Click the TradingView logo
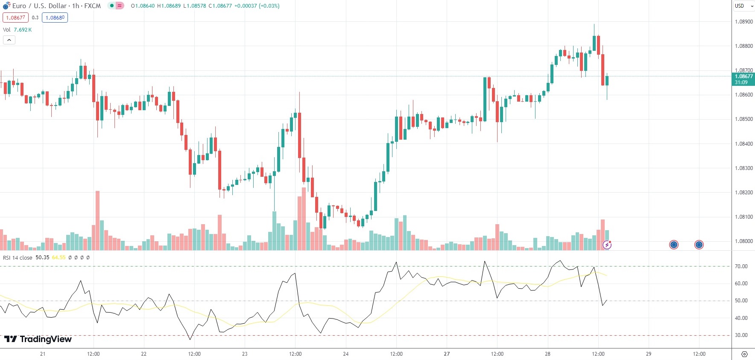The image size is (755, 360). pyautogui.click(x=38, y=339)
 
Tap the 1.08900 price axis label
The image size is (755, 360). pyautogui.click(x=743, y=22)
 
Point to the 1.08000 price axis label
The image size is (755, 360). pyautogui.click(x=743, y=241)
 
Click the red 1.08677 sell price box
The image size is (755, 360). pyautogui.click(x=15, y=18)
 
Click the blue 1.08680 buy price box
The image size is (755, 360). pyautogui.click(x=55, y=18)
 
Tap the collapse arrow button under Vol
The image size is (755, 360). pyautogui.click(x=9, y=40)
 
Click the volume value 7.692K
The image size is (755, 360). pyautogui.click(x=23, y=30)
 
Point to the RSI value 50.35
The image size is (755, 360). pyautogui.click(x=42, y=258)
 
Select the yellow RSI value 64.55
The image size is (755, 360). pyautogui.click(x=59, y=258)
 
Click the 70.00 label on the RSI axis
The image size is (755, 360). pyautogui.click(x=741, y=266)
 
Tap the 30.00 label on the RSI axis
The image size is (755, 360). pyautogui.click(x=741, y=335)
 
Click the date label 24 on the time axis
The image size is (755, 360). pyautogui.click(x=346, y=354)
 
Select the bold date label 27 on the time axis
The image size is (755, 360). pyautogui.click(x=447, y=354)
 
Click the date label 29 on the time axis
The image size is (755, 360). pyautogui.click(x=648, y=354)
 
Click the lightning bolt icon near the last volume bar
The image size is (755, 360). pyautogui.click(x=607, y=245)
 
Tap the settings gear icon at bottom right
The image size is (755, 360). pyautogui.click(x=744, y=354)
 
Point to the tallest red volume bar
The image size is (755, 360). pyautogui.click(x=97, y=220)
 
